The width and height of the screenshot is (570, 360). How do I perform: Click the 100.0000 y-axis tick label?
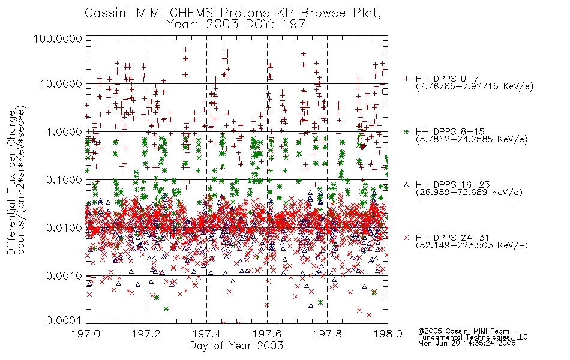[58, 38]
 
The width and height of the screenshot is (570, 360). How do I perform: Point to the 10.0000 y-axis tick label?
[61, 84]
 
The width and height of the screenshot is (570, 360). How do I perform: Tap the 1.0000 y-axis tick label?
[64, 131]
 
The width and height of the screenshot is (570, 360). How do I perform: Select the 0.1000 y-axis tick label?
[64, 179]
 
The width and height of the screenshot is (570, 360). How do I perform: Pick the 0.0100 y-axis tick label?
[64, 228]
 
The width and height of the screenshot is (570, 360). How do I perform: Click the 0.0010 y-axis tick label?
[64, 276]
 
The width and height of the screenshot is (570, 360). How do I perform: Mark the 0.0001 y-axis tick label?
[64, 320]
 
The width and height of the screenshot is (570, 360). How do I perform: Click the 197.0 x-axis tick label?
[86, 334]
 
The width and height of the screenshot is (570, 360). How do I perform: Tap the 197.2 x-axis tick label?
[146, 334]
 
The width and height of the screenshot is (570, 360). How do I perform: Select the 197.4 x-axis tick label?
[206, 334]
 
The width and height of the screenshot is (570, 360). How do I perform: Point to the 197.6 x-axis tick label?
[267, 334]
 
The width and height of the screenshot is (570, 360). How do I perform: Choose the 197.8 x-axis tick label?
[327, 334]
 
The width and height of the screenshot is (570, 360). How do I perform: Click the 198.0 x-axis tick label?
[388, 334]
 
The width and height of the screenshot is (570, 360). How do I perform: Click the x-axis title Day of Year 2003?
[236, 346]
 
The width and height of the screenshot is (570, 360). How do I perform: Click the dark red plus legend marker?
[406, 79]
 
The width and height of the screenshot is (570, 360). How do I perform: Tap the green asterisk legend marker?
[406, 131]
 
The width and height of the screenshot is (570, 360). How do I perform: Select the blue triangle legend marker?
[406, 185]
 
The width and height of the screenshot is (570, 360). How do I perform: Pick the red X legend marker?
[406, 238]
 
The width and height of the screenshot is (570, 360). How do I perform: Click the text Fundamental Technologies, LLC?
[473, 337]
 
